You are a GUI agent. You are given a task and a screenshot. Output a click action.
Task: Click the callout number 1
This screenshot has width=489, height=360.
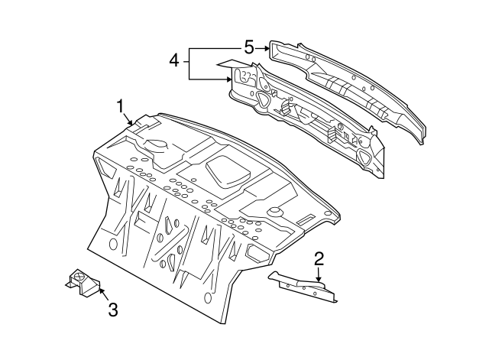pyautogui.click(x=120, y=105)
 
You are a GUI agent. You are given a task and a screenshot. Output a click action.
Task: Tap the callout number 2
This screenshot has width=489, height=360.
pyautogui.click(x=319, y=258)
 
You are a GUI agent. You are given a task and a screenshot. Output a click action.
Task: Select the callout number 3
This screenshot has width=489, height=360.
pyautogui.click(x=112, y=310)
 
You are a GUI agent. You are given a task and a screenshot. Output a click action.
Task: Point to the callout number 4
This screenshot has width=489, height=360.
pyautogui.click(x=174, y=60)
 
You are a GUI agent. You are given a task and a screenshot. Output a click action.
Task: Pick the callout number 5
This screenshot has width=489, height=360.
pyautogui.click(x=249, y=47)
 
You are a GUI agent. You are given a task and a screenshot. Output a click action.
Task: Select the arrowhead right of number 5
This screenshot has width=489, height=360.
pyautogui.click(x=267, y=47)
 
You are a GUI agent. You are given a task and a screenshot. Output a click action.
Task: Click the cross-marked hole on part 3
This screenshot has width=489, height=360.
pyautogui.click(x=77, y=276)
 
